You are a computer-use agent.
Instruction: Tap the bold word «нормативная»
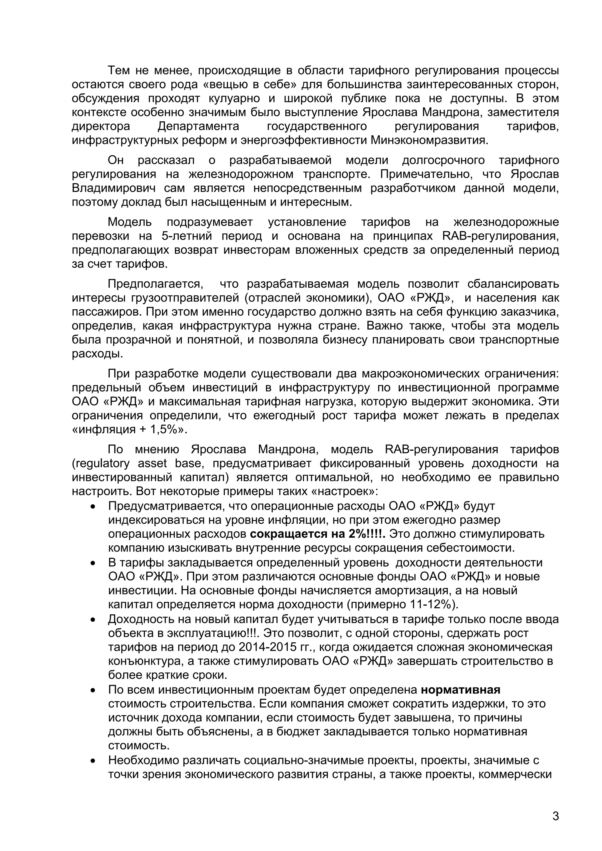461,689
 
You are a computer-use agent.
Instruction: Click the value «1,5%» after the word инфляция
166,430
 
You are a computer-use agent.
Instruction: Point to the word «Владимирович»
113,188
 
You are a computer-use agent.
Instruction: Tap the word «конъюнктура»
148,661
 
